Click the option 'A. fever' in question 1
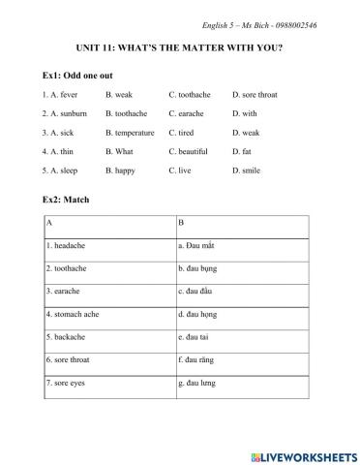coord(62,95)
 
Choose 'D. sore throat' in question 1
coord(255,95)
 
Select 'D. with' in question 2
coord(245,113)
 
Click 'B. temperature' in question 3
coord(130,133)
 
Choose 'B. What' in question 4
coord(120,151)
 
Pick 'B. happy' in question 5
coord(122,170)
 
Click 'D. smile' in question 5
coord(247,170)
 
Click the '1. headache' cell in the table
coord(67,246)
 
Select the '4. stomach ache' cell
coord(74,314)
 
